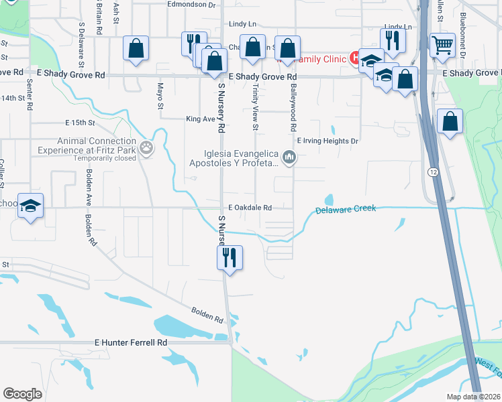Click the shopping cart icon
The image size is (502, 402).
point(442,46)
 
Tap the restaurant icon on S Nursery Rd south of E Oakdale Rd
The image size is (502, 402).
point(230,256)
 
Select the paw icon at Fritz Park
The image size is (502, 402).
point(146,147)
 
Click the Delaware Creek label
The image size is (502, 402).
point(346,209)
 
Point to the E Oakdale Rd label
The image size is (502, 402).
point(250,208)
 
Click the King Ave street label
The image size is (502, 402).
point(199,119)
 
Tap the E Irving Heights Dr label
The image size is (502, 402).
point(326,141)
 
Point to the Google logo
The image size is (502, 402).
point(22,394)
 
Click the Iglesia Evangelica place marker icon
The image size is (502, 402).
point(289,158)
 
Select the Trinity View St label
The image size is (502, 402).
point(256,107)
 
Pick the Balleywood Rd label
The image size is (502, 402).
point(293,103)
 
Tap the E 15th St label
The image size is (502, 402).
point(81,123)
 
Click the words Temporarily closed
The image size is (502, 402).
point(103,159)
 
